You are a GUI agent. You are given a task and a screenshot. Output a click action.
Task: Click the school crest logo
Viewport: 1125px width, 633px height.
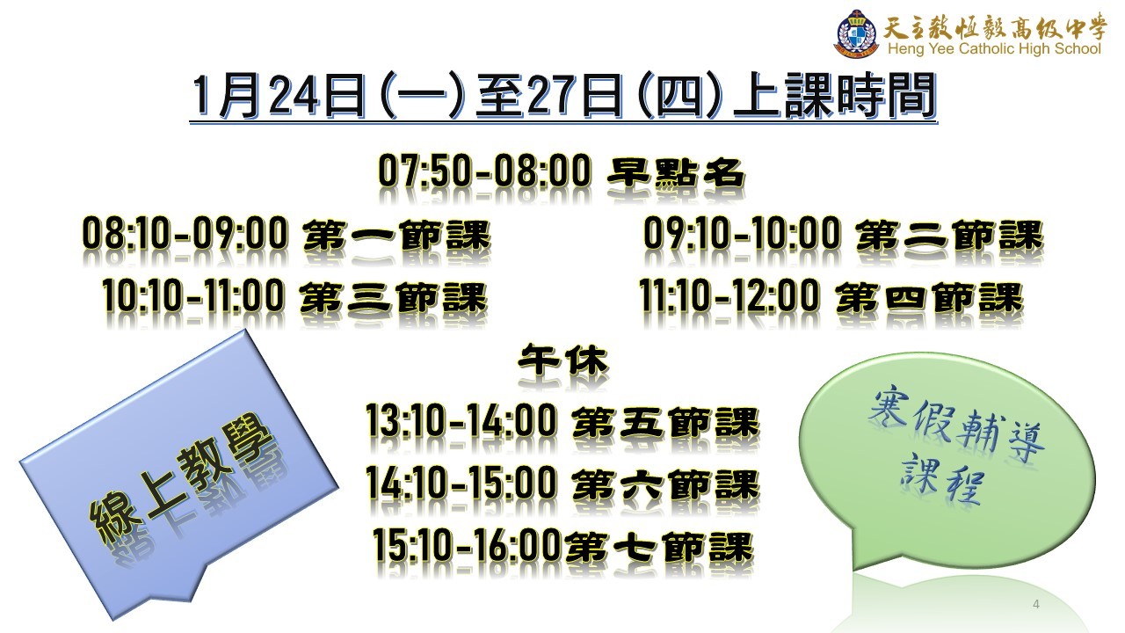pyautogui.click(x=858, y=33)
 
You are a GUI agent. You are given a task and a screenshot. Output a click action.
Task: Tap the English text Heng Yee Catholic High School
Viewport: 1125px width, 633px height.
pyautogui.click(x=994, y=48)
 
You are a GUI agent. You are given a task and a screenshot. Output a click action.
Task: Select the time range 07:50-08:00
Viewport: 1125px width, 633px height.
pyautogui.click(x=484, y=171)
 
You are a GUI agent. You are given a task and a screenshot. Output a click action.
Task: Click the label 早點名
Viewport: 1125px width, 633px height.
pyautogui.click(x=676, y=173)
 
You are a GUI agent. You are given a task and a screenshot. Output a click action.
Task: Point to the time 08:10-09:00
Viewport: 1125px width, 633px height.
pyautogui.click(x=185, y=233)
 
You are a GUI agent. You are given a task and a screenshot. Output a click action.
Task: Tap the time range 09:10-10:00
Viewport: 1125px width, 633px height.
pyautogui.click(x=743, y=233)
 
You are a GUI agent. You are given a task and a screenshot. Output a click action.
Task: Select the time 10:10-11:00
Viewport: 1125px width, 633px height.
pyautogui.click(x=193, y=295)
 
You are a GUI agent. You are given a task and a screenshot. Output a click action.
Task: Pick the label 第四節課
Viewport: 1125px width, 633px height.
pyautogui.click(x=930, y=297)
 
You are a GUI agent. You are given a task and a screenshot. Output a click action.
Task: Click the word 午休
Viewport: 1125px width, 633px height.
pyautogui.click(x=563, y=360)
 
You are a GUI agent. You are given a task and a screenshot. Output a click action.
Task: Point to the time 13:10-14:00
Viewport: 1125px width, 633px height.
pyautogui.click(x=461, y=419)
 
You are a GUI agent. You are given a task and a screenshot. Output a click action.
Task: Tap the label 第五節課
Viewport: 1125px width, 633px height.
pyautogui.click(x=665, y=422)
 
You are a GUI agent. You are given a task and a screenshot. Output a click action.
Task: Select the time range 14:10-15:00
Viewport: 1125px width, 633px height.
pyautogui.click(x=461, y=482)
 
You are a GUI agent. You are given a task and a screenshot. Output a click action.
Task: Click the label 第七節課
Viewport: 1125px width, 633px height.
pyautogui.click(x=659, y=547)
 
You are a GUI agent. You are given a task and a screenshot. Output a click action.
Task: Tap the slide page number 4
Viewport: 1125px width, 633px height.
pyautogui.click(x=1036, y=604)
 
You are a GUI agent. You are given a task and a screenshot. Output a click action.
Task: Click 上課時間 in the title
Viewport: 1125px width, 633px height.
pyautogui.click(x=835, y=95)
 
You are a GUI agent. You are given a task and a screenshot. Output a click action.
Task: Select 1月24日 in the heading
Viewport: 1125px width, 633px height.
pyautogui.click(x=279, y=95)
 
